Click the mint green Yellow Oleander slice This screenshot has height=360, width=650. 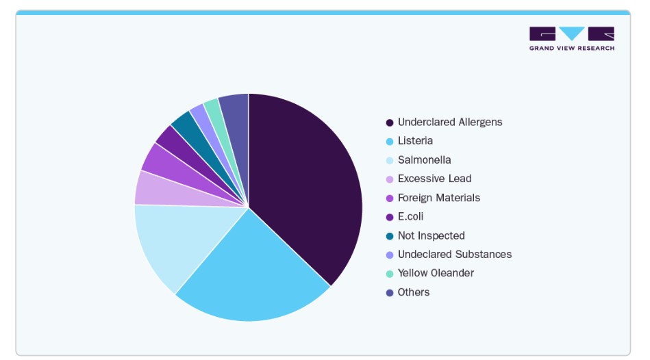click(213, 110)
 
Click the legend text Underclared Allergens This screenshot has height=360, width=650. click(449, 122)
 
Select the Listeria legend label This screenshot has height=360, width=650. click(415, 141)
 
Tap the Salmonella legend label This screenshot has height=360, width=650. click(424, 160)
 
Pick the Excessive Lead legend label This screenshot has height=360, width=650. click(434, 179)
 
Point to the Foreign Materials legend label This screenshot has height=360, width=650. click(438, 198)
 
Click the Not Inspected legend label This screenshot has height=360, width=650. click(431, 235)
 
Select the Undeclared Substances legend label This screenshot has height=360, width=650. click(454, 254)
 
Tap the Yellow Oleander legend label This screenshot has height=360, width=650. click(436, 273)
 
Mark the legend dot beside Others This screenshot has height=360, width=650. click(390, 293)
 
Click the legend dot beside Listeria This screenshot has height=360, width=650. click(390, 142)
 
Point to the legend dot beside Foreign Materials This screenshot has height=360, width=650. click(390, 198)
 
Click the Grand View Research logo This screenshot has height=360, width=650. click(571, 38)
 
